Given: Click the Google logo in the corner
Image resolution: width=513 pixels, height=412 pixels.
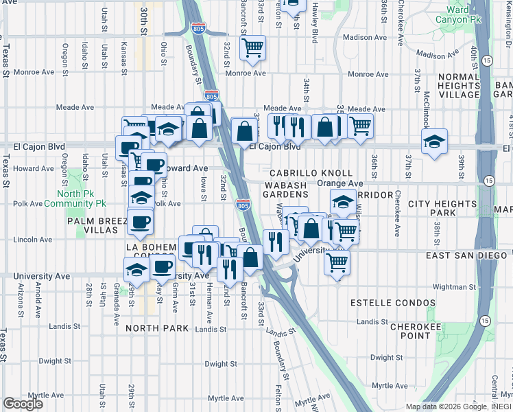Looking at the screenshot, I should click(23, 404).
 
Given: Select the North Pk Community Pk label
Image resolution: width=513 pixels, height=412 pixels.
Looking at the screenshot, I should click(75, 199).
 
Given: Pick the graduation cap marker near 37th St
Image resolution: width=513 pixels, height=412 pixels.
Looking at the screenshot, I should click(434, 141).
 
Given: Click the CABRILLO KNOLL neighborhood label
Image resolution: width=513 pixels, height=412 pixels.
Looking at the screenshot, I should click(311, 174).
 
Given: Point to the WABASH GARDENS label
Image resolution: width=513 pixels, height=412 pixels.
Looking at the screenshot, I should click(283, 189).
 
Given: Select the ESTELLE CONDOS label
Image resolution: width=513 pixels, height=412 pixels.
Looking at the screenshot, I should click(392, 303).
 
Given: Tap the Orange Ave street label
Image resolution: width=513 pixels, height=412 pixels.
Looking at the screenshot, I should click(339, 183).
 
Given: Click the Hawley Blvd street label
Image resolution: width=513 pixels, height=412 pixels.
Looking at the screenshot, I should click(315, 23).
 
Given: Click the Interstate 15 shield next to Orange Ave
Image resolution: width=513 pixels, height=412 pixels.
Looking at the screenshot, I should click(488, 181).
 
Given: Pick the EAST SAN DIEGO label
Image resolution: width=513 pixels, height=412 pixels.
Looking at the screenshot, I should click(468, 255).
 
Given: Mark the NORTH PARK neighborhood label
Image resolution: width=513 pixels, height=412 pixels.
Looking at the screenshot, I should click(157, 328).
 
